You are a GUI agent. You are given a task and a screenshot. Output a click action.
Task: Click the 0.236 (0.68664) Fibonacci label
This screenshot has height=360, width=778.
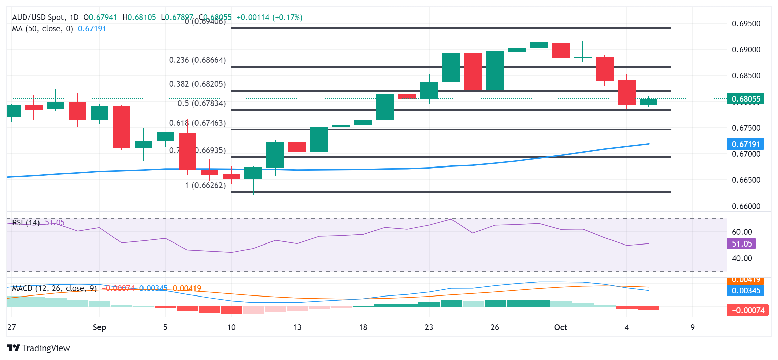click(197, 60)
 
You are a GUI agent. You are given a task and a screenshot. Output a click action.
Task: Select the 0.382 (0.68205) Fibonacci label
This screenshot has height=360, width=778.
click(197, 84)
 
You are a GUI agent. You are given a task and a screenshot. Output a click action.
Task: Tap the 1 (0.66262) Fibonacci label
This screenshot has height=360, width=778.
click(205, 185)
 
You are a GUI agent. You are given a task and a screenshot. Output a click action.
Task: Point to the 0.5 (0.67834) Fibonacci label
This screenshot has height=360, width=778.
click(202, 103)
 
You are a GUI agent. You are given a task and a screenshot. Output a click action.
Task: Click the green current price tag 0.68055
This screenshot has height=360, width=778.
click(746, 99)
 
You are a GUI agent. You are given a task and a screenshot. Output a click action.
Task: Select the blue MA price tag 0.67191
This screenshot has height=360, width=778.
click(746, 144)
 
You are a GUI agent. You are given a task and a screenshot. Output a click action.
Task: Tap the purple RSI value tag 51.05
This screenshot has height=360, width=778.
click(741, 244)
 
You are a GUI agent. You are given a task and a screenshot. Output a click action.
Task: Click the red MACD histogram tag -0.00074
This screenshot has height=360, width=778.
click(748, 310)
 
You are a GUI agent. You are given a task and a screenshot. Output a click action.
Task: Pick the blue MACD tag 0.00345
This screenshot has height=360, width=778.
click(746, 291)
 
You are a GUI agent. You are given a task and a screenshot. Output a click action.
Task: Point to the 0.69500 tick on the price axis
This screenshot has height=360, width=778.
click(746, 24)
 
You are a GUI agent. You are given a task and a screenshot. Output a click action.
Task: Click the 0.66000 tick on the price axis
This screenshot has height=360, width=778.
click(746, 206)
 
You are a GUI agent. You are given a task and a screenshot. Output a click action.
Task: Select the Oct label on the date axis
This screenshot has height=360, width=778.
click(561, 327)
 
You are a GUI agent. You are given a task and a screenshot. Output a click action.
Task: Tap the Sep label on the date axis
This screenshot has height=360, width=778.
click(99, 327)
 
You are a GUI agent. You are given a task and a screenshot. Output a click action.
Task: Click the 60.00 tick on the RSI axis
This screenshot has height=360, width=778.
click(742, 232)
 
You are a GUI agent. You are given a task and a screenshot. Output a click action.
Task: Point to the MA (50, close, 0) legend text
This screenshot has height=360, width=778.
click(43, 29)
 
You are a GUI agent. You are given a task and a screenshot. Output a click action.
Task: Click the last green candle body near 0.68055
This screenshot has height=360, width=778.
click(648, 102)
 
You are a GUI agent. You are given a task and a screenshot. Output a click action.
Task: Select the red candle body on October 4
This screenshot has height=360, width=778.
click(626, 93)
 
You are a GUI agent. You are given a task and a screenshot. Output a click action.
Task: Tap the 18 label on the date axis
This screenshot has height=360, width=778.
click(363, 327)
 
